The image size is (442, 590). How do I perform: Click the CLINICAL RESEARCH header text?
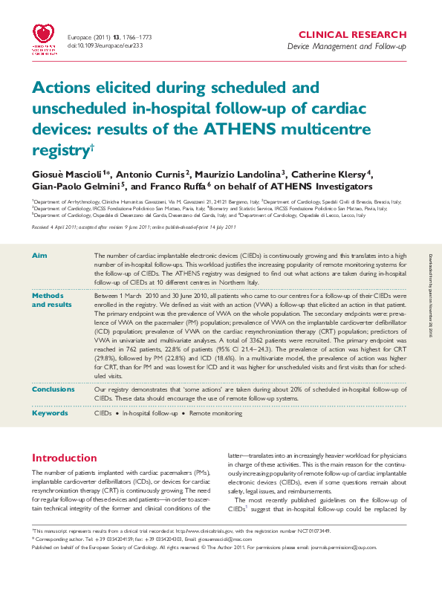(x=364, y=35)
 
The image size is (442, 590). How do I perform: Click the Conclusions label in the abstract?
(x=55, y=389)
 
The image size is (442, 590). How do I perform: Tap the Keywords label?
(x=51, y=413)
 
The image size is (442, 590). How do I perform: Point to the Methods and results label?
(x=48, y=299)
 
